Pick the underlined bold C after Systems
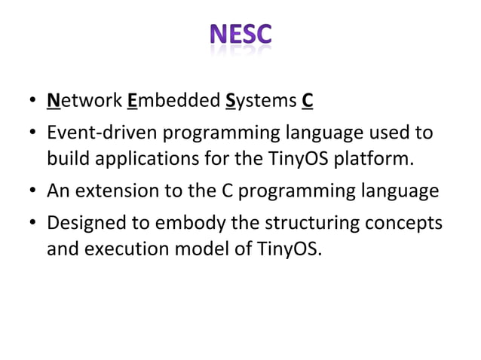(x=308, y=100)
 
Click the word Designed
(x=83, y=224)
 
